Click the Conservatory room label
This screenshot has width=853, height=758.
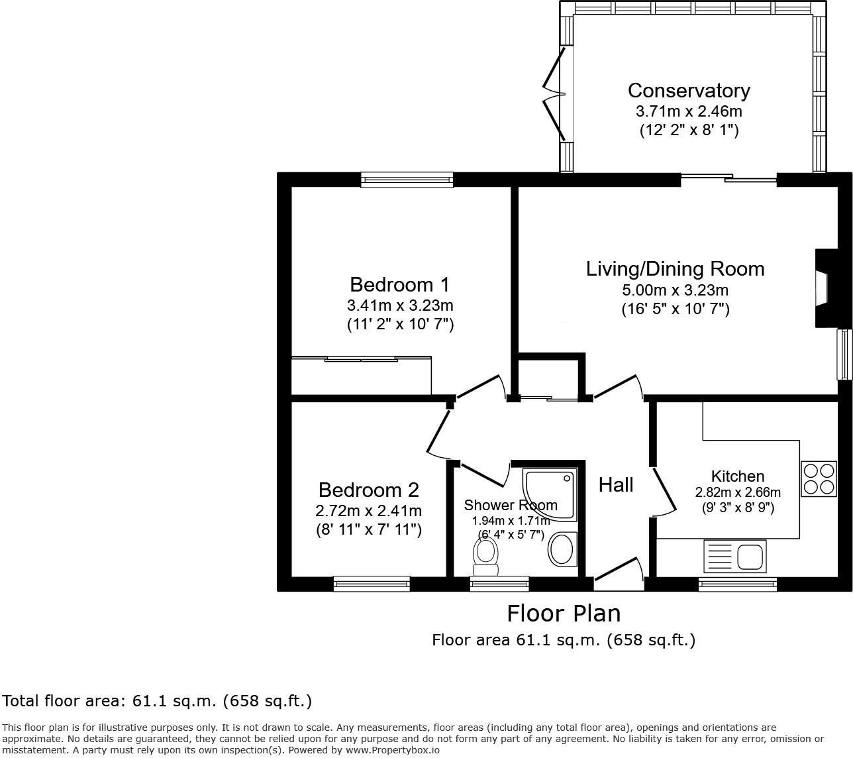689,90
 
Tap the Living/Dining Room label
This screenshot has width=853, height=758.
675,268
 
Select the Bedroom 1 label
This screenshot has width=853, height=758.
399,284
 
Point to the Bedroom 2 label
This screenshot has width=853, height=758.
368,490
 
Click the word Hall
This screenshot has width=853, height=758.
616,485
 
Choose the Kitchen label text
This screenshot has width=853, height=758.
737,476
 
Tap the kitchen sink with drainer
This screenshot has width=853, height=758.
734,556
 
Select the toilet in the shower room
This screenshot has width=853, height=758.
486,556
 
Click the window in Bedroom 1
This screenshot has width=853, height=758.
407,179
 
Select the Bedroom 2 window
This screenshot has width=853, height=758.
371,583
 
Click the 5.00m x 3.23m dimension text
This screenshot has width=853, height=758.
675,290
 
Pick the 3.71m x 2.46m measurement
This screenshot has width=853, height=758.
689,111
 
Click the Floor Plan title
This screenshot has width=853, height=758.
564,614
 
